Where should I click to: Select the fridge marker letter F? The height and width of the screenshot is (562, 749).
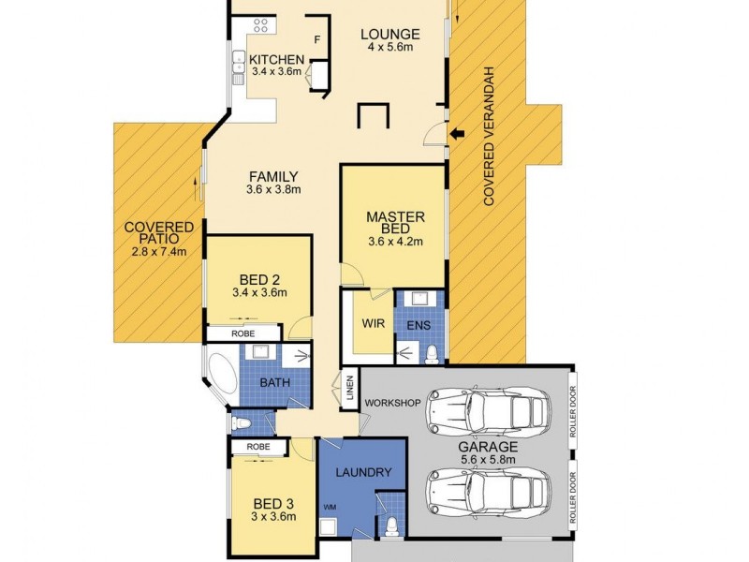point(317,39)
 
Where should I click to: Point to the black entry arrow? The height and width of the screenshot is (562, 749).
point(458,137)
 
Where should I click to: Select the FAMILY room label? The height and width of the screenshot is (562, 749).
point(272,176)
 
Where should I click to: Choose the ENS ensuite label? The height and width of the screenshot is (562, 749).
point(419,325)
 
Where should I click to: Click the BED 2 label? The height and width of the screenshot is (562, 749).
point(257,278)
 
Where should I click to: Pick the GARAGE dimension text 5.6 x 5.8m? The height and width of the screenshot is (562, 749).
point(487,461)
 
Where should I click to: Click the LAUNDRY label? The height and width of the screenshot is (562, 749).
point(361,473)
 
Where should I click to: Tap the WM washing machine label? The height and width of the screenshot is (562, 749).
point(330,508)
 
